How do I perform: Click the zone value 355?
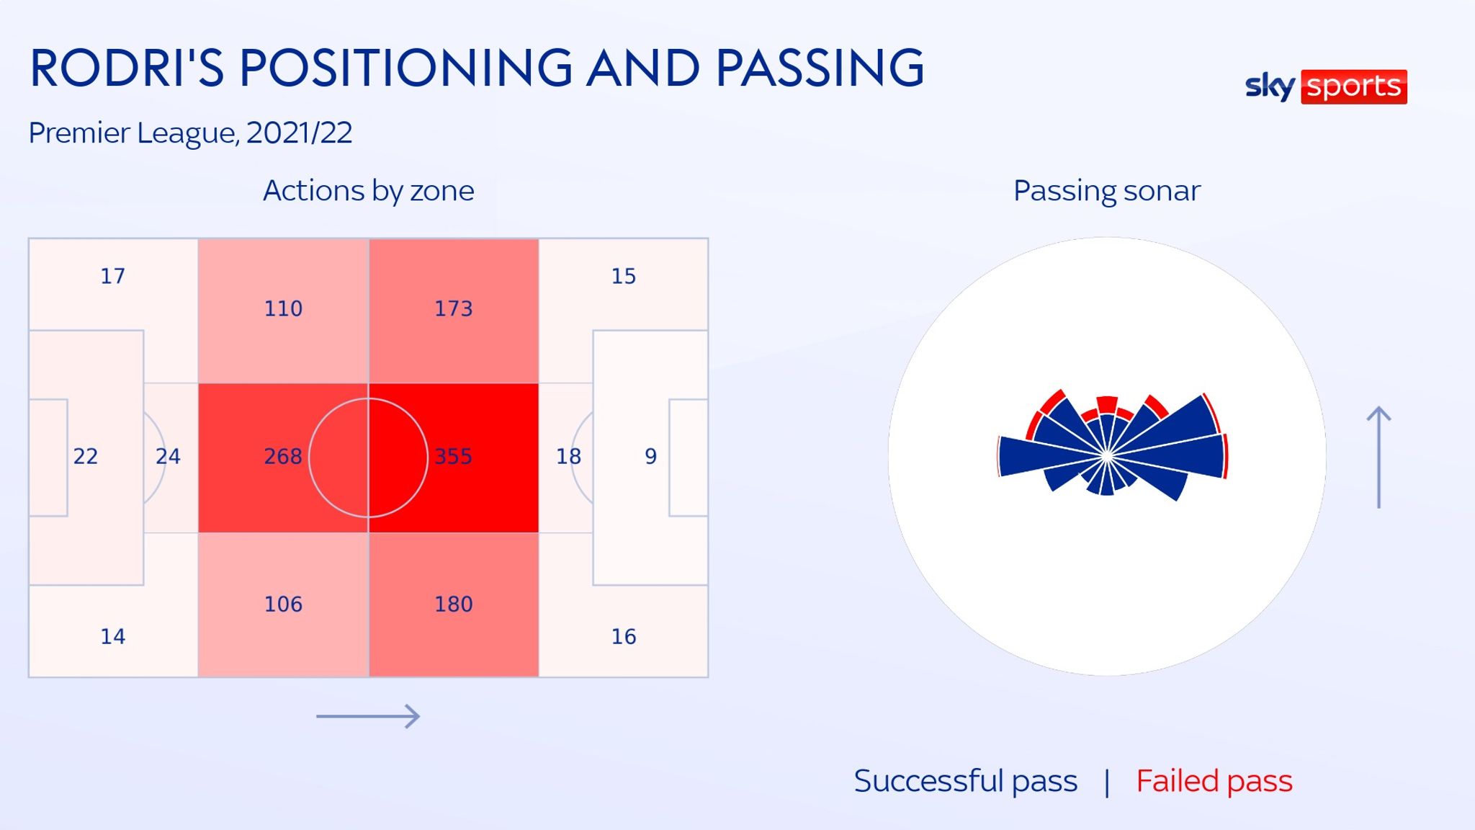pyautogui.click(x=453, y=456)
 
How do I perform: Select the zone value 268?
pyautogui.click(x=283, y=456)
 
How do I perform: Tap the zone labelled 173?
pyautogui.click(x=453, y=308)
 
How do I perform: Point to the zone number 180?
pyautogui.click(x=453, y=604)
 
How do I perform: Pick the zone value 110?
pyautogui.click(x=283, y=308)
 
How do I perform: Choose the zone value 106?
pyautogui.click(x=283, y=604)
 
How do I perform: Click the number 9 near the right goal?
pyautogui.click(x=650, y=456)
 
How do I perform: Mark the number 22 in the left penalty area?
pyautogui.click(x=86, y=456)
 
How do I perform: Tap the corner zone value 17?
pyautogui.click(x=112, y=276)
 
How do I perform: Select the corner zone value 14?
pyautogui.click(x=112, y=636)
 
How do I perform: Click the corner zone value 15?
pyautogui.click(x=624, y=276)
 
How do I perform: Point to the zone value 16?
pyautogui.click(x=624, y=636)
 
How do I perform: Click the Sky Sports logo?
pyautogui.click(x=1326, y=86)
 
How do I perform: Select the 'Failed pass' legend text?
pyautogui.click(x=1214, y=781)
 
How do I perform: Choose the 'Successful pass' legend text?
pyautogui.click(x=965, y=781)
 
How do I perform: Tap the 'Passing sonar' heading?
pyautogui.click(x=1106, y=191)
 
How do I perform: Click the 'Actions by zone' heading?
pyautogui.click(x=368, y=191)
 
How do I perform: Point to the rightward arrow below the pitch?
pyautogui.click(x=368, y=716)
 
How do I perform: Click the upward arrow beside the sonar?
pyautogui.click(x=1378, y=458)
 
